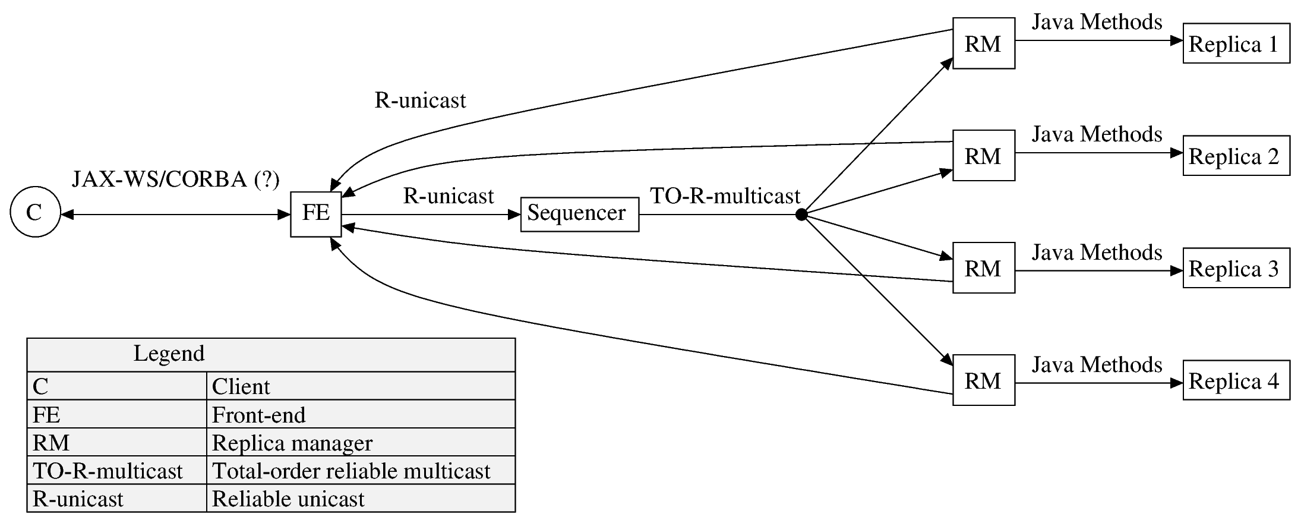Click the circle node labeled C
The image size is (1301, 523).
pyautogui.click(x=35, y=212)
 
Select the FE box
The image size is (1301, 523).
pyautogui.click(x=315, y=214)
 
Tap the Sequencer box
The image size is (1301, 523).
pyautogui.click(x=579, y=214)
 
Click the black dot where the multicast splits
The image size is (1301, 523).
pyautogui.click(x=801, y=215)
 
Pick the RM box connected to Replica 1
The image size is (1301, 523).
pyautogui.click(x=983, y=43)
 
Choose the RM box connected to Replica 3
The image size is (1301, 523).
pyautogui.click(x=983, y=268)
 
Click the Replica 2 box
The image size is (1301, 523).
pyautogui.click(x=1236, y=156)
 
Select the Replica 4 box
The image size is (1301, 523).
pyautogui.click(x=1236, y=380)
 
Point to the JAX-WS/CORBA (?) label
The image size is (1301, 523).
pyautogui.click(x=175, y=179)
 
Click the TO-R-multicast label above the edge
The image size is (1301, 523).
pyautogui.click(x=725, y=196)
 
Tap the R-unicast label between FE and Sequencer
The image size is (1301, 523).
pyautogui.click(x=449, y=196)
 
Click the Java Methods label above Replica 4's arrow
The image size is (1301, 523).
pyautogui.click(x=1097, y=364)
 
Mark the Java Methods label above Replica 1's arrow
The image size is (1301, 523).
pyautogui.click(x=1097, y=22)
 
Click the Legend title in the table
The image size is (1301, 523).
pyautogui.click(x=169, y=354)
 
